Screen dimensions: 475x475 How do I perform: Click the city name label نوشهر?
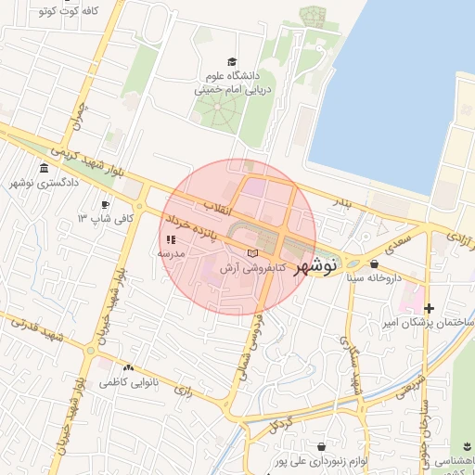315,266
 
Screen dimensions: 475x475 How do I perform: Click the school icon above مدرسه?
171,239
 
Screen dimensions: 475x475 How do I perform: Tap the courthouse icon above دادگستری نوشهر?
42,170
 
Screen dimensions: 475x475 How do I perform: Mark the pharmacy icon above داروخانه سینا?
374,263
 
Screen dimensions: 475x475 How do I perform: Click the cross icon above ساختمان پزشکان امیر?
429,308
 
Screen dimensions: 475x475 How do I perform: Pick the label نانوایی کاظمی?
128,382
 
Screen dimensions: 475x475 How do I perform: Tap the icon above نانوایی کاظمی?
128,368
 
